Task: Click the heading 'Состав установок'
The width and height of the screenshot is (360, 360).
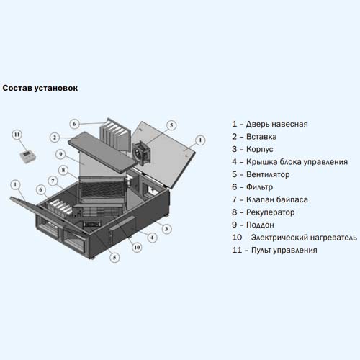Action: click(x=40, y=88)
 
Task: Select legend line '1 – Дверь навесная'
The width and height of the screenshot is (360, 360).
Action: click(x=270, y=124)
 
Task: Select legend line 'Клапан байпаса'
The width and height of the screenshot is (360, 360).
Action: click(x=270, y=199)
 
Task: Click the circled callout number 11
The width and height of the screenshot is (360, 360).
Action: click(x=17, y=135)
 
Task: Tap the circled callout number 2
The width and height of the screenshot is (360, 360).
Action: click(x=55, y=138)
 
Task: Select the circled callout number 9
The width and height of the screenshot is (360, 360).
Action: click(x=60, y=154)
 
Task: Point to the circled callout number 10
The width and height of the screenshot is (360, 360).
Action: click(x=137, y=247)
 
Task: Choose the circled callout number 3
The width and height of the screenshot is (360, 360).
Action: click(x=166, y=229)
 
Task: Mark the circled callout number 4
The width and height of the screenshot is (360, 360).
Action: click(x=152, y=238)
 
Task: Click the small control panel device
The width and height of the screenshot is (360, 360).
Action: click(x=28, y=157)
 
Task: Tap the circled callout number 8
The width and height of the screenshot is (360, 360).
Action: click(x=63, y=170)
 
